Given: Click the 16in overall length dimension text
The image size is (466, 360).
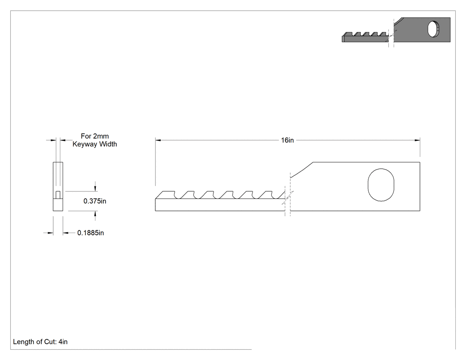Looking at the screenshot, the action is (x=288, y=140).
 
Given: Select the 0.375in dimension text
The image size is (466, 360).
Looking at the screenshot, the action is (x=95, y=201).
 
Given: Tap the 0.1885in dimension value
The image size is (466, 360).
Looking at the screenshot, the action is (x=91, y=233).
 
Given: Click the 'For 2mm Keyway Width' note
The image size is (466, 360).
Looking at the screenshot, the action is (x=95, y=140).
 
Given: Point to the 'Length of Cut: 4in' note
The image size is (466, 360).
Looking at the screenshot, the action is (x=40, y=342).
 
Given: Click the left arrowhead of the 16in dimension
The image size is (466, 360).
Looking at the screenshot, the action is (x=158, y=140).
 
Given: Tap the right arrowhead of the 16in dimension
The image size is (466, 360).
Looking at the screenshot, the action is (x=417, y=140).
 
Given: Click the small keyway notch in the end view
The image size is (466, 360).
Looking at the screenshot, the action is (x=58, y=195).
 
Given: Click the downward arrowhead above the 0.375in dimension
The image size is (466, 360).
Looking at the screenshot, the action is (x=95, y=189).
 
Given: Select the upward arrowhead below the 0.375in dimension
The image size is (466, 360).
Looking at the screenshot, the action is (x=95, y=214).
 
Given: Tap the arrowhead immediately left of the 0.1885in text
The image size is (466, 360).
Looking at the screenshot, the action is (x=66, y=233).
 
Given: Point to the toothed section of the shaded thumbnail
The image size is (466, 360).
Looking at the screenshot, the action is (x=365, y=37).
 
